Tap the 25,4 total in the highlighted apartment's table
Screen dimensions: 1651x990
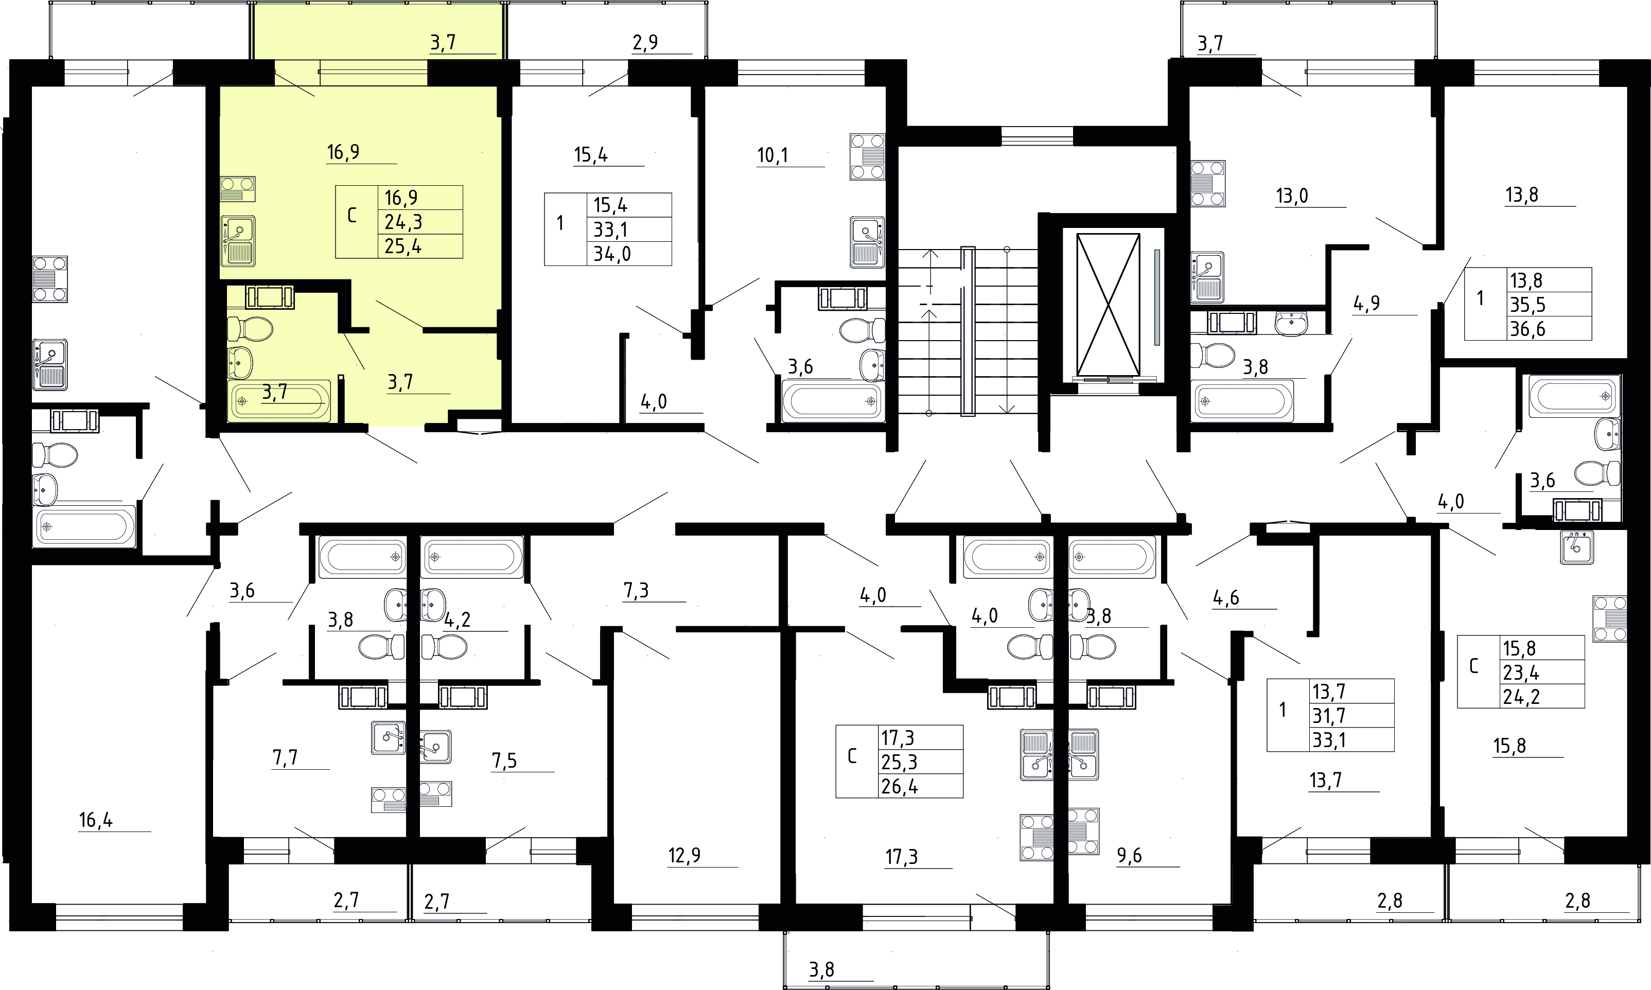click(403, 246)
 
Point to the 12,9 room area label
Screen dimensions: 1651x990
click(684, 855)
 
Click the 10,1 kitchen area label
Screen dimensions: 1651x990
click(772, 155)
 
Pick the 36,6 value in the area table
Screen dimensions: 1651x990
click(1527, 329)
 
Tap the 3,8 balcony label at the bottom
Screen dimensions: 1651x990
click(822, 969)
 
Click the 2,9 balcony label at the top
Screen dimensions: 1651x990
click(645, 43)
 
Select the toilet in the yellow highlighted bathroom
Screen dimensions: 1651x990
click(250, 329)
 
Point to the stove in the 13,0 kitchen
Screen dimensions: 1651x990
click(1208, 184)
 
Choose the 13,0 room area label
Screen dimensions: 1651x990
click(1292, 196)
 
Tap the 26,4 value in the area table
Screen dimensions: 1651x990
click(899, 787)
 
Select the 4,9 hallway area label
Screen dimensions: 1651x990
click(1367, 304)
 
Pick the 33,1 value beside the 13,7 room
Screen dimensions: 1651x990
click(1329, 740)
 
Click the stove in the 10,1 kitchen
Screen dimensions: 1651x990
click(867, 157)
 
